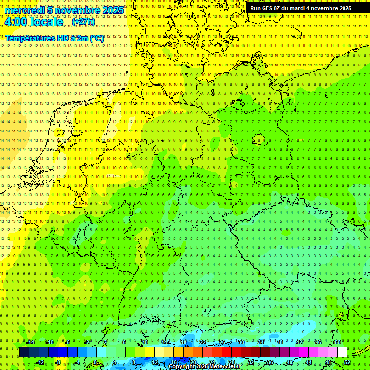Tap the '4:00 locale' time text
pyautogui.click(x=34, y=22)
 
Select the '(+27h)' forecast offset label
pyautogui.click(x=83, y=22)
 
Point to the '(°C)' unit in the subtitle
pyautogui.click(x=96, y=38)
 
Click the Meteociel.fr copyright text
pyautogui.click(x=205, y=367)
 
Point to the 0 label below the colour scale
pyautogui.click(x=95, y=362)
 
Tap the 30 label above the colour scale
pyautogui.click(x=241, y=342)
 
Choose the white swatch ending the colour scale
pyautogui.click(x=342, y=352)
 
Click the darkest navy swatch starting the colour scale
pyautogui.click(x=24, y=352)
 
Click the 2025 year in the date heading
pyautogui.click(x=113, y=10)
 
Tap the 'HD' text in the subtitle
pyautogui.click(x=63, y=38)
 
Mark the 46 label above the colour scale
pyautogui.click(x=318, y=342)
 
